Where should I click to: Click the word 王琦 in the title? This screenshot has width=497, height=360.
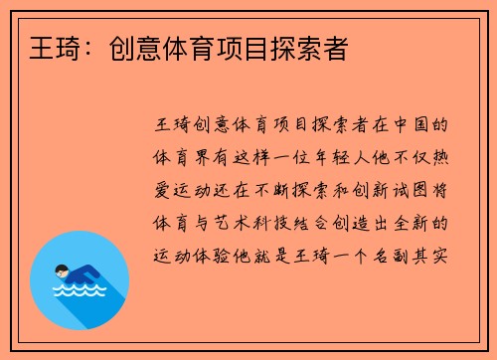(x=39, y=47)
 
